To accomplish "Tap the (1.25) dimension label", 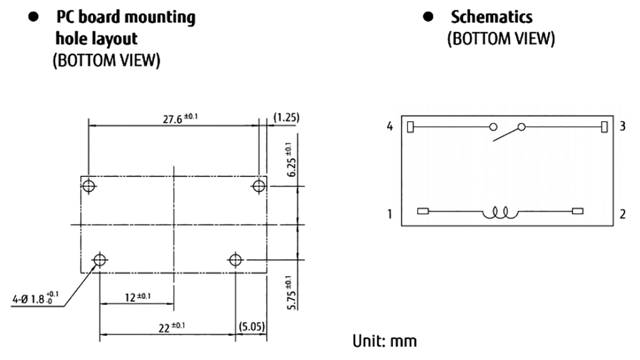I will [286, 116].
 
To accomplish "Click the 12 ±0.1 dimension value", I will [135, 296].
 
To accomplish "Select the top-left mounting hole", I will [89, 186].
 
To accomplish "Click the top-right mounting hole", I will [258, 186].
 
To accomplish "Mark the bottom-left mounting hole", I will [99, 260].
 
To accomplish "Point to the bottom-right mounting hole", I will [235, 260].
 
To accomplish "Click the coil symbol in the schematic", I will [499, 212].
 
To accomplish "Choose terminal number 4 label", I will [390, 127].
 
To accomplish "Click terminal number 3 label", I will [622, 127].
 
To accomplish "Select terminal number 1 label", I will [390, 213].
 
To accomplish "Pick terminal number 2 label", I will [622, 213].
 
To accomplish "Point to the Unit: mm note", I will [383, 341].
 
